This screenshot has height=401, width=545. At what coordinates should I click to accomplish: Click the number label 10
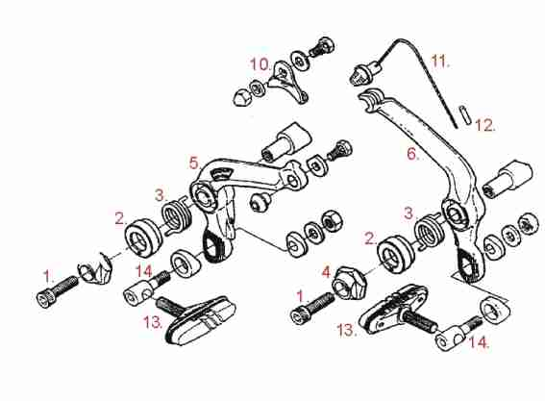pos(260,64)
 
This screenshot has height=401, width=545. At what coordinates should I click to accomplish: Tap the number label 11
pos(440,62)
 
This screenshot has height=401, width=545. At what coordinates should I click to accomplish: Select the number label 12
pos(484,125)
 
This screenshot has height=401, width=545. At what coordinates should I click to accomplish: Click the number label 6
pos(413,153)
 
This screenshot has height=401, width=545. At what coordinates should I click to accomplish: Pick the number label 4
pos(326,272)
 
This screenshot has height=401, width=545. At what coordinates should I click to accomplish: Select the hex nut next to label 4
pos(349,283)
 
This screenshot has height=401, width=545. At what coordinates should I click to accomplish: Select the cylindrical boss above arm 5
pos(287,142)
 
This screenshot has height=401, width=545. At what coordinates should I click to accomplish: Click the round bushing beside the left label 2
pos(143,238)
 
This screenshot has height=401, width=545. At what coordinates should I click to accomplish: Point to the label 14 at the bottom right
pos(480,342)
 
